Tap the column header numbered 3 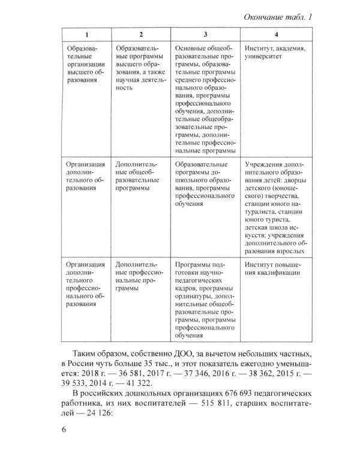pos(206,35)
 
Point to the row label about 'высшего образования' pos(86,66)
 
